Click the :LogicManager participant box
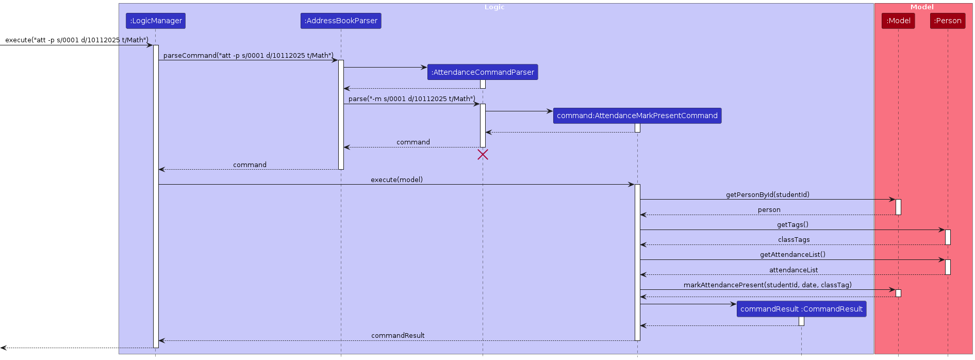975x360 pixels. click(155, 21)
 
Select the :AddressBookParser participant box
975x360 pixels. click(341, 21)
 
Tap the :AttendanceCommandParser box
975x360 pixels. click(483, 72)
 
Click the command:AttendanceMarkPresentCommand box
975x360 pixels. click(637, 116)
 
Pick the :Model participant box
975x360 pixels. click(898, 21)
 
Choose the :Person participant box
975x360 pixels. click(947, 21)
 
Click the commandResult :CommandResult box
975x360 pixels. click(801, 309)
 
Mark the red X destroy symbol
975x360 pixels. click(483, 155)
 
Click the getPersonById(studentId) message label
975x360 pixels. click(767, 194)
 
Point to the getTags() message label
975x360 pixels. click(792, 224)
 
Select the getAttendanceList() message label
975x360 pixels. click(792, 254)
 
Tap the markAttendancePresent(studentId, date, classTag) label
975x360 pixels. click(767, 285)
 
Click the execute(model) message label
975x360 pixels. click(396, 179)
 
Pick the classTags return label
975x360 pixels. click(794, 240)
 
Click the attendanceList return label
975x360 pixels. click(794, 270)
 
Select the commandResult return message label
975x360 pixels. click(398, 335)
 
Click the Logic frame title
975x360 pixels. click(494, 7)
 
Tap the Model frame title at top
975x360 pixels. click(922, 7)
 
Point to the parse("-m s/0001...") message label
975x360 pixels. click(411, 99)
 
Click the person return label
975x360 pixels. click(769, 210)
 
